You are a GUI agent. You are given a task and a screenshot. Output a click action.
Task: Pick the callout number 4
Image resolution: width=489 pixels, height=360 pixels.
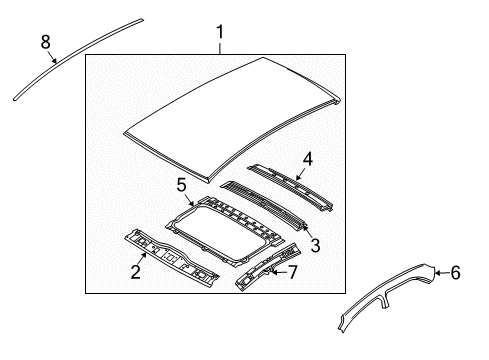(308, 157)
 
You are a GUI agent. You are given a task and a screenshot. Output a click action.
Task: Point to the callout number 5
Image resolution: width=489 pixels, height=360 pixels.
(182, 185)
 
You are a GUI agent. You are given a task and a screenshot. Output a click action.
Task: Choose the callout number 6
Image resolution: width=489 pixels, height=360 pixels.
(456, 271)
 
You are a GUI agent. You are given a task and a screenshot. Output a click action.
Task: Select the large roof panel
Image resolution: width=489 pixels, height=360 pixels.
(230, 120)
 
